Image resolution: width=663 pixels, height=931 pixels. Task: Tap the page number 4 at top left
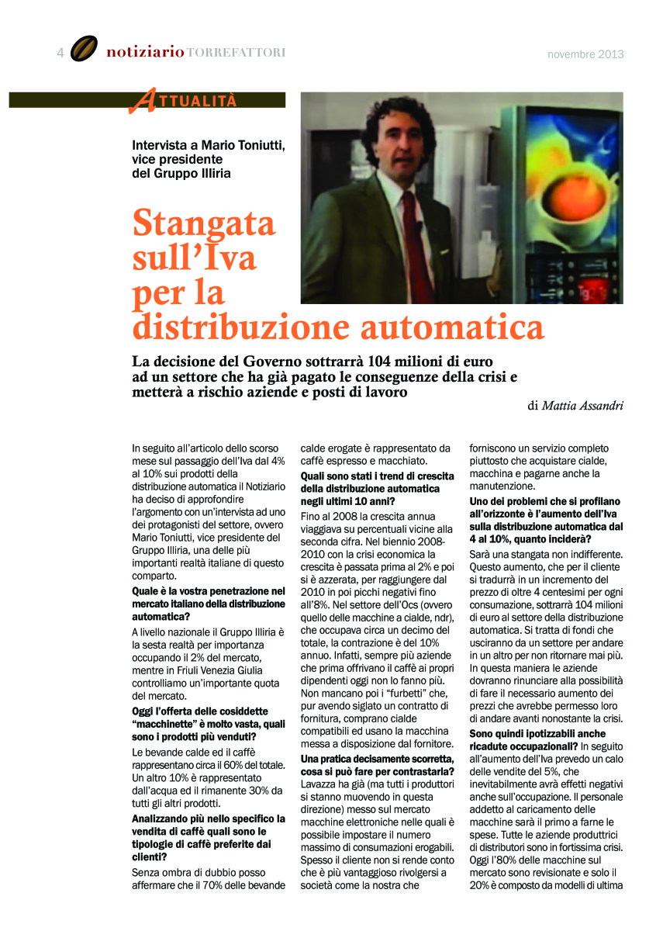pos(60,53)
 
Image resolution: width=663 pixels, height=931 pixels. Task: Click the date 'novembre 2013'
pos(585,54)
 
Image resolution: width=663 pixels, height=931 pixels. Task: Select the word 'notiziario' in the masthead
pos(145,52)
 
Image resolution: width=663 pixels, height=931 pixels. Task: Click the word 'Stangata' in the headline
pos(204,224)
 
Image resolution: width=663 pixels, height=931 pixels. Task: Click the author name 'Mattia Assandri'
pos(582,405)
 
